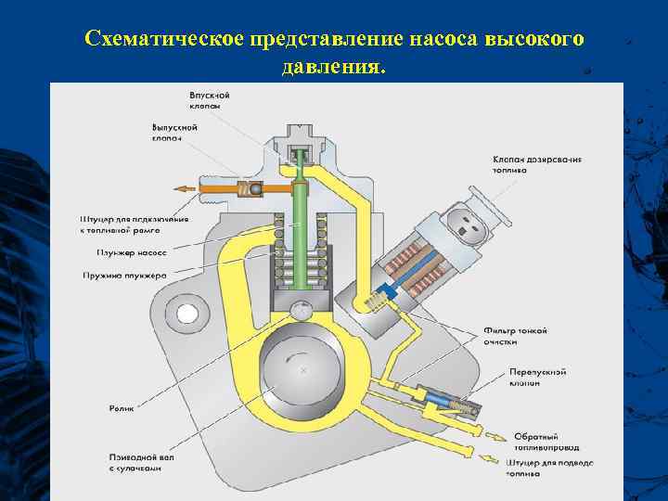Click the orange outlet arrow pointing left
(186, 188)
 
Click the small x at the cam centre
(303, 370)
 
